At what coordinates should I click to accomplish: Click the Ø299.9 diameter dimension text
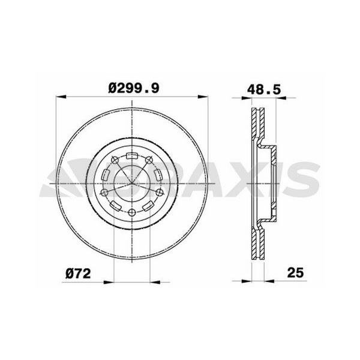[x=133, y=88]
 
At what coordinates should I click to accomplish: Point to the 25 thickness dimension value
[x=295, y=272]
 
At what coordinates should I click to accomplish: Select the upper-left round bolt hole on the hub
[x=113, y=160]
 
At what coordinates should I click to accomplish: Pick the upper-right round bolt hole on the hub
[x=150, y=160]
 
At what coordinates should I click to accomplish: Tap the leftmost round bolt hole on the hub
[x=103, y=193]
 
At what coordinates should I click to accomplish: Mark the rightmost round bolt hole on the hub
[x=161, y=193]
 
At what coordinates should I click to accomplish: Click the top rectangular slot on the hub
[x=132, y=157]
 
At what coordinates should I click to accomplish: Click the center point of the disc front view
[x=132, y=182]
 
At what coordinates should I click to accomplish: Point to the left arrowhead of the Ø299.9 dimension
[x=58, y=97]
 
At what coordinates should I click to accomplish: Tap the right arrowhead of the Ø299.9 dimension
[x=208, y=97]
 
